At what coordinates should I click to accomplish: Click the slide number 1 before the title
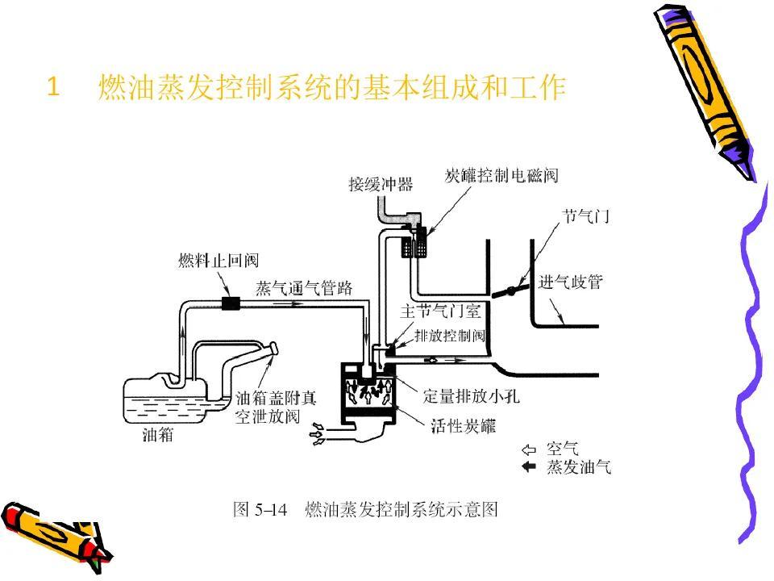[54, 86]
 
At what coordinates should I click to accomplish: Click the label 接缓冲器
[381, 185]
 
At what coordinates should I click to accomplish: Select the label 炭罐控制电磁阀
[501, 176]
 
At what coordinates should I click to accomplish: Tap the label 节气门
[585, 217]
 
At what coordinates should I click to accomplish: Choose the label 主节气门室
[441, 312]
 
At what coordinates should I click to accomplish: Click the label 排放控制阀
[450, 334]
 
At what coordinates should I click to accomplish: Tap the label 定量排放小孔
[468, 395]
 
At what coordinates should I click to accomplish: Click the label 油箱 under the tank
[157, 436]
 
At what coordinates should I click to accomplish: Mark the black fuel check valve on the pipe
[232, 304]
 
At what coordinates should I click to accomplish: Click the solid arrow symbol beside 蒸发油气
[530, 467]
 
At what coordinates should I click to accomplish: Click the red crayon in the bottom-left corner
[48, 529]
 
